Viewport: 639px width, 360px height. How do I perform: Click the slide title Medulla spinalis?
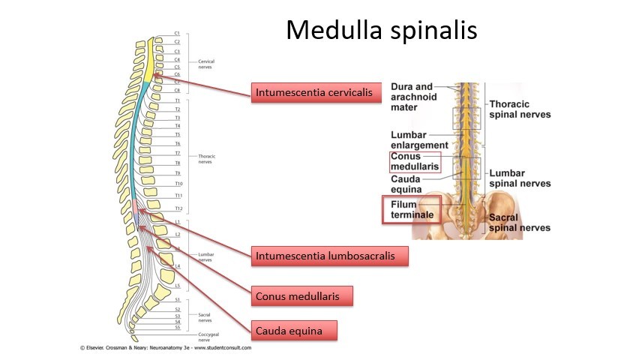click(381, 31)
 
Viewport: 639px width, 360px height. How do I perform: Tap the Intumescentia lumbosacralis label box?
click(331, 255)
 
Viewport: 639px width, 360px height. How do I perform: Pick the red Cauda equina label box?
click(293, 330)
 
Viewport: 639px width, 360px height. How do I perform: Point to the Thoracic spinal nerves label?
click(519, 109)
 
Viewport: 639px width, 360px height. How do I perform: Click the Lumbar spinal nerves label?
click(519, 178)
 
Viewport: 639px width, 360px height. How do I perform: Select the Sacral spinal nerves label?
click(519, 222)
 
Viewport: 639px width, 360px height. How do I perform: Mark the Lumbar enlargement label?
click(418, 139)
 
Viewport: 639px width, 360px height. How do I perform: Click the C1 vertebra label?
click(177, 34)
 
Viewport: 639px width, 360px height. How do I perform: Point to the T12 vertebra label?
click(178, 208)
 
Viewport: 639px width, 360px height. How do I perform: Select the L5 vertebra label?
click(178, 286)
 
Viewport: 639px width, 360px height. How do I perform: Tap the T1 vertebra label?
click(177, 100)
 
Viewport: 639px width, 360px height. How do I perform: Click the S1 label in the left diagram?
click(177, 300)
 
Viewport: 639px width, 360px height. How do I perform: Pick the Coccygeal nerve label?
click(208, 337)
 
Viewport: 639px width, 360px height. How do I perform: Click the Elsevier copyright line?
click(166, 348)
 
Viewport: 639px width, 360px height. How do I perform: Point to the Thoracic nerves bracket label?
click(206, 158)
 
